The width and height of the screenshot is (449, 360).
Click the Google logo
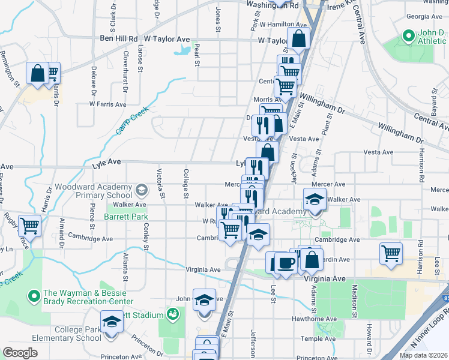pos(20,353)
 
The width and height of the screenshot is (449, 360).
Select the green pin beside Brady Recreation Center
pos(35,296)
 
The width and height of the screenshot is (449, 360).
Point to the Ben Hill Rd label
pos(119,39)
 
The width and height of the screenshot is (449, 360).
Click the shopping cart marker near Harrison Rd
pos(391,253)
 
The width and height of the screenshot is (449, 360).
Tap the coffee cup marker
pos(286,263)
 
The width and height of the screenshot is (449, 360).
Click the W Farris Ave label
pos(108,104)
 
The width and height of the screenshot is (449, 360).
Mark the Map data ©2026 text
pos(423,355)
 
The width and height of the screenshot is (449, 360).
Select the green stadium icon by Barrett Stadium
pos(173,314)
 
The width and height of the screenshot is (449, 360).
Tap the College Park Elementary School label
pos(77,334)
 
